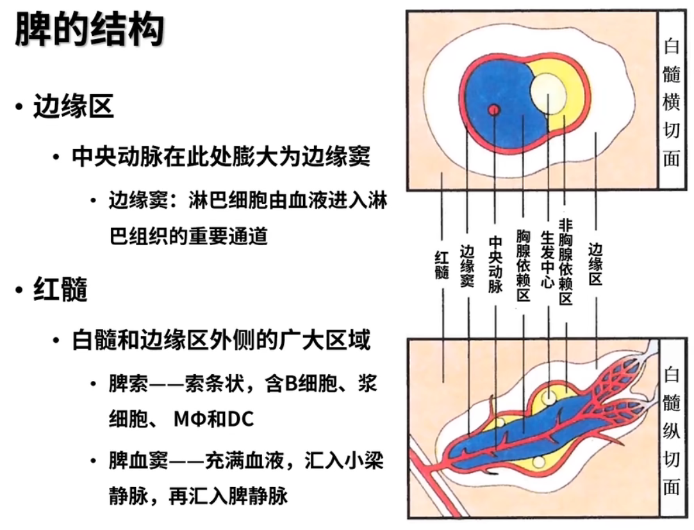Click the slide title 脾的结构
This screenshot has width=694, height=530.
tap(90, 30)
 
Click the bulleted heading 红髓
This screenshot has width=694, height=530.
tap(60, 291)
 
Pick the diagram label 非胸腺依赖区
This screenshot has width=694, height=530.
tap(565, 261)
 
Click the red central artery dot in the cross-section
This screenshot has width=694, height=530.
tap(493, 109)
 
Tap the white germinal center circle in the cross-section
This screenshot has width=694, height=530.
tap(548, 93)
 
